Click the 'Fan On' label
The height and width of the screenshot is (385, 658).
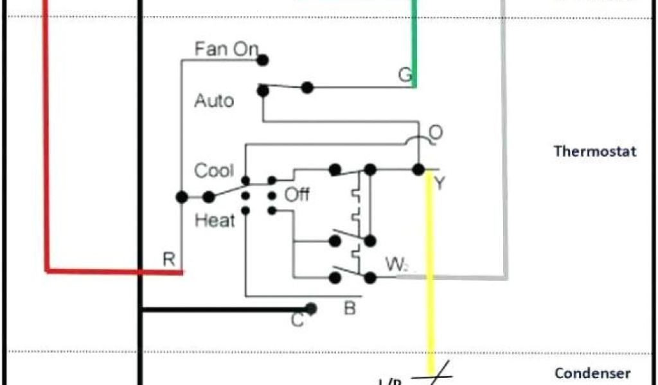click(226, 49)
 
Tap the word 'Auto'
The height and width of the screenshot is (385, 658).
click(214, 101)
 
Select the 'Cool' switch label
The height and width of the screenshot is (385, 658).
click(214, 171)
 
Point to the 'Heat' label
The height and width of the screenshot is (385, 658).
click(215, 221)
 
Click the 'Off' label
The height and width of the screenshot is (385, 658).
click(297, 194)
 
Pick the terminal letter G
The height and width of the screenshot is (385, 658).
click(405, 75)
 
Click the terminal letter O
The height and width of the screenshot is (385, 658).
click(436, 133)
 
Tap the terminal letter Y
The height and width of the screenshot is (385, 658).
click(440, 184)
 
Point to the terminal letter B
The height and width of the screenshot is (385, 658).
click(350, 309)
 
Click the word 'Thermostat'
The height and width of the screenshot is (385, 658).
click(595, 151)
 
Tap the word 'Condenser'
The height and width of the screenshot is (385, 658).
click(592, 373)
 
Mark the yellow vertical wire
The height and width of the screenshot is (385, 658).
click(431, 269)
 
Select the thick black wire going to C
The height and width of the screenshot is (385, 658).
click(225, 310)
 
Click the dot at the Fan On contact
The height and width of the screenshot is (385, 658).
click(262, 60)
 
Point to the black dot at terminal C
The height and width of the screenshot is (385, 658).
click(312, 309)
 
